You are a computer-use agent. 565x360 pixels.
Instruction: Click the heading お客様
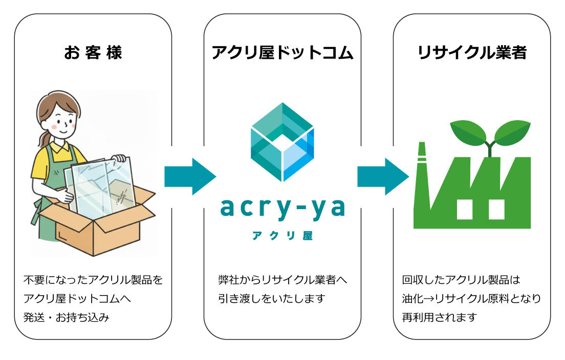93,53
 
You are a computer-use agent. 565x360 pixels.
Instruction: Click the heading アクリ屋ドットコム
282,53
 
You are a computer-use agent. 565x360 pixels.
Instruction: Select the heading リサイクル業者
471,53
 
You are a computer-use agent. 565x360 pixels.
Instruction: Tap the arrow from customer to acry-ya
189,176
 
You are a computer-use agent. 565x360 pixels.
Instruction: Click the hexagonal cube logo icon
282,142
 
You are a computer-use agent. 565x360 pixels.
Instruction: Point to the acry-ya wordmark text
282,208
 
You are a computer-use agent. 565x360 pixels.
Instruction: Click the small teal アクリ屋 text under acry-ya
282,236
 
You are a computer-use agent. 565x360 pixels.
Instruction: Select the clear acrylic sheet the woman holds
102,182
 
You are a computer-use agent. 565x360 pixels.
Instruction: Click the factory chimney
422,169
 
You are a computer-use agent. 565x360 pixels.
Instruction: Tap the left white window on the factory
464,209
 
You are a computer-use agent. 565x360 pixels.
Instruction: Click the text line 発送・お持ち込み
67,317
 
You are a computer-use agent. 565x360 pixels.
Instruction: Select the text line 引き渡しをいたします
272,299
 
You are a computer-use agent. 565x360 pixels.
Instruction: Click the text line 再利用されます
439,317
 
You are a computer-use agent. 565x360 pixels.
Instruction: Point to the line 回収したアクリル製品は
461,280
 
